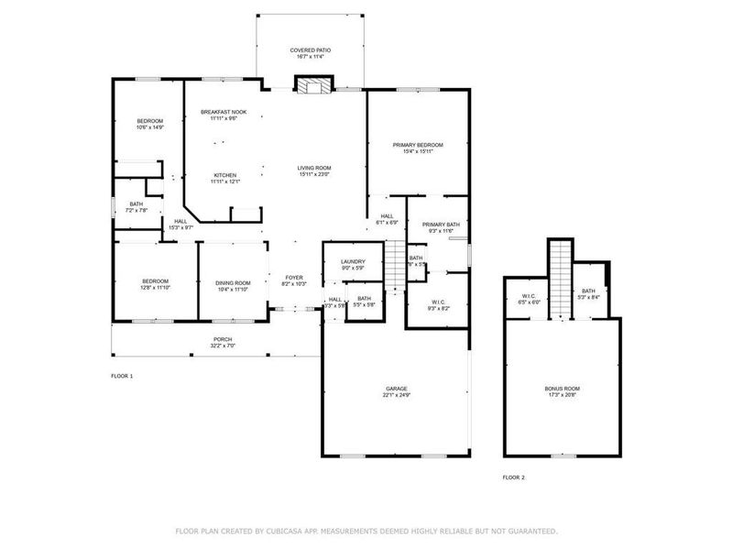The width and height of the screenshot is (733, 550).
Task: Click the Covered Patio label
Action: pyautogui.click(x=311, y=49)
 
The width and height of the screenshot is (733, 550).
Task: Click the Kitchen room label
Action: pyautogui.click(x=225, y=175)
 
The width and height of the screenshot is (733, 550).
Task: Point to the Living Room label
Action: pyautogui.click(x=313, y=168)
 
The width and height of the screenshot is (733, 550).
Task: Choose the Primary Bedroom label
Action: pyautogui.click(x=418, y=145)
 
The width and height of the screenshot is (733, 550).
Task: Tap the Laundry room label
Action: pyautogui.click(x=353, y=263)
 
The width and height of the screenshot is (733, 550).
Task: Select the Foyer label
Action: pyautogui.click(x=294, y=277)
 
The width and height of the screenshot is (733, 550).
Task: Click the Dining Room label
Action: pyautogui.click(x=233, y=283)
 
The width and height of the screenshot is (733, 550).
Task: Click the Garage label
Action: pyautogui.click(x=396, y=389)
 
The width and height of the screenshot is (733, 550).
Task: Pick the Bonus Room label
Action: pyautogui.click(x=562, y=389)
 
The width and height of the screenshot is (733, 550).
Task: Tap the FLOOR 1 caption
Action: pyautogui.click(x=122, y=376)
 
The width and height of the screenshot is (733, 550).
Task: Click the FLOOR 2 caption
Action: pyautogui.click(x=514, y=478)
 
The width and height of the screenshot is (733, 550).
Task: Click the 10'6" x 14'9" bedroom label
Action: pyautogui.click(x=150, y=121)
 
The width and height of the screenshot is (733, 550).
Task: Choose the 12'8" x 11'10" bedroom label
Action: pyautogui.click(x=155, y=283)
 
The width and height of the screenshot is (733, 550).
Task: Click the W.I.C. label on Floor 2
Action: pyautogui.click(x=530, y=295)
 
